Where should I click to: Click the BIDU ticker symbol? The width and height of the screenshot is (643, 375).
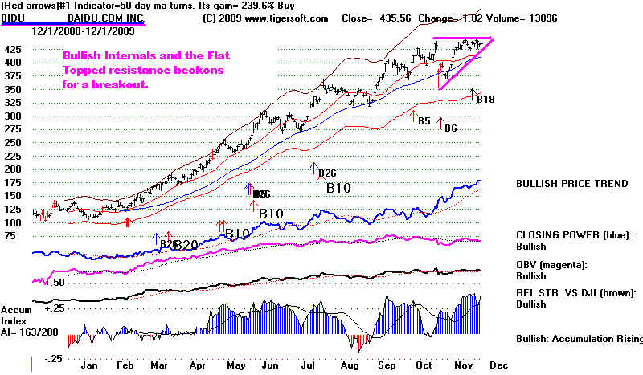point(13,18)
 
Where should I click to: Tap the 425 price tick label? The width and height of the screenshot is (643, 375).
point(12,48)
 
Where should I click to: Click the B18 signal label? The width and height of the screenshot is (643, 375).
point(485,100)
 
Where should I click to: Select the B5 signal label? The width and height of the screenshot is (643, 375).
point(424,120)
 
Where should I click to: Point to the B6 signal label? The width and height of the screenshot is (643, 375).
point(450,128)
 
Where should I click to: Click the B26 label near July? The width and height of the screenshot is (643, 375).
point(326,173)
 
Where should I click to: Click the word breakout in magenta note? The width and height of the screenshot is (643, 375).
point(103,84)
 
